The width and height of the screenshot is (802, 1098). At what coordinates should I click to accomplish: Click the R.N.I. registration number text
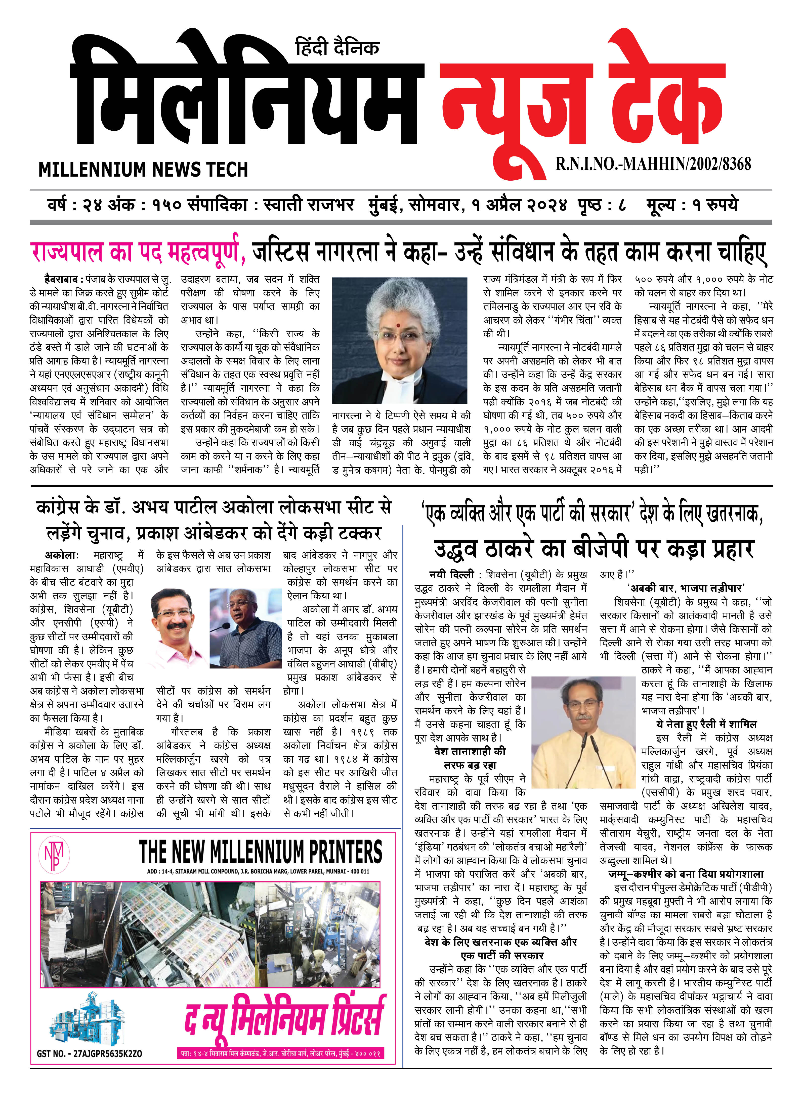(653, 164)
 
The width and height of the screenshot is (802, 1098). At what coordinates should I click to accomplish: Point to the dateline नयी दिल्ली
(451, 575)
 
